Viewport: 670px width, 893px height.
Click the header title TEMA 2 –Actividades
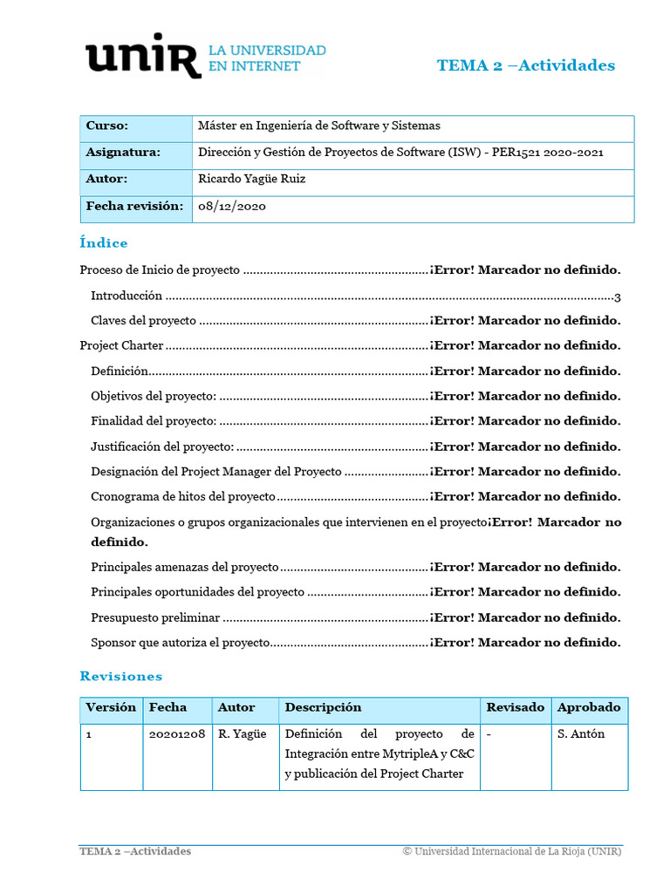tap(525, 65)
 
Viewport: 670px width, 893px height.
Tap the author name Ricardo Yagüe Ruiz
tap(252, 179)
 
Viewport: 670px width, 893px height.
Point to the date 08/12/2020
tap(232, 207)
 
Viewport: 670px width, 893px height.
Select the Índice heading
tap(103, 243)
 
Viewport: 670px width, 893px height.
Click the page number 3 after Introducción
tap(617, 297)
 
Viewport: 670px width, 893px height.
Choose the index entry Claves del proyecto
tap(143, 320)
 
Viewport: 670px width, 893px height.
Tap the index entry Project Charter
tap(121, 345)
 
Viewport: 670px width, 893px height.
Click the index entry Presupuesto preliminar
tap(155, 617)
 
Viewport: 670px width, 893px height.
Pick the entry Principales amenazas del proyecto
tap(184, 567)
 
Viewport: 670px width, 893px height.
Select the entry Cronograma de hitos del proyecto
tap(182, 497)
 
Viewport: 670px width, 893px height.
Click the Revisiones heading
tap(120, 676)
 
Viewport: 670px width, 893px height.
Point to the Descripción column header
tap(323, 707)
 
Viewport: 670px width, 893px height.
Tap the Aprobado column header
tap(589, 707)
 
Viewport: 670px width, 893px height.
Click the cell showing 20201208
tap(176, 734)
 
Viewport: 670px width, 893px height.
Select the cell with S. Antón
tap(581, 734)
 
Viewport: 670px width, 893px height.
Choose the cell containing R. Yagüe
tap(242, 734)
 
